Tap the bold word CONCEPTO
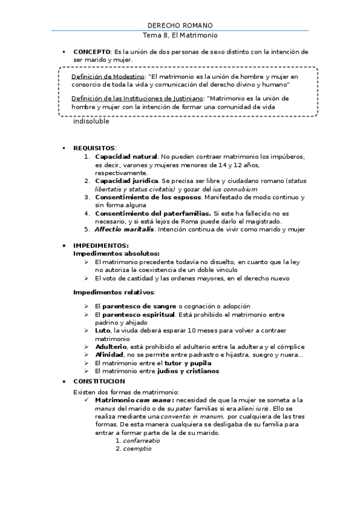(x=91, y=52)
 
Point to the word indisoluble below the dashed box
(x=91, y=121)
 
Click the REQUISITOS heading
(x=94, y=147)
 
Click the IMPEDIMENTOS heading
(x=100, y=245)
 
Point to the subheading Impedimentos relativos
(x=114, y=292)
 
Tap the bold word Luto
(x=102, y=330)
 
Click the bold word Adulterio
(x=110, y=346)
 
